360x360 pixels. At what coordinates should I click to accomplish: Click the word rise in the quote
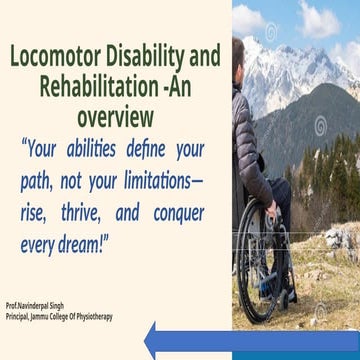click(37, 214)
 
